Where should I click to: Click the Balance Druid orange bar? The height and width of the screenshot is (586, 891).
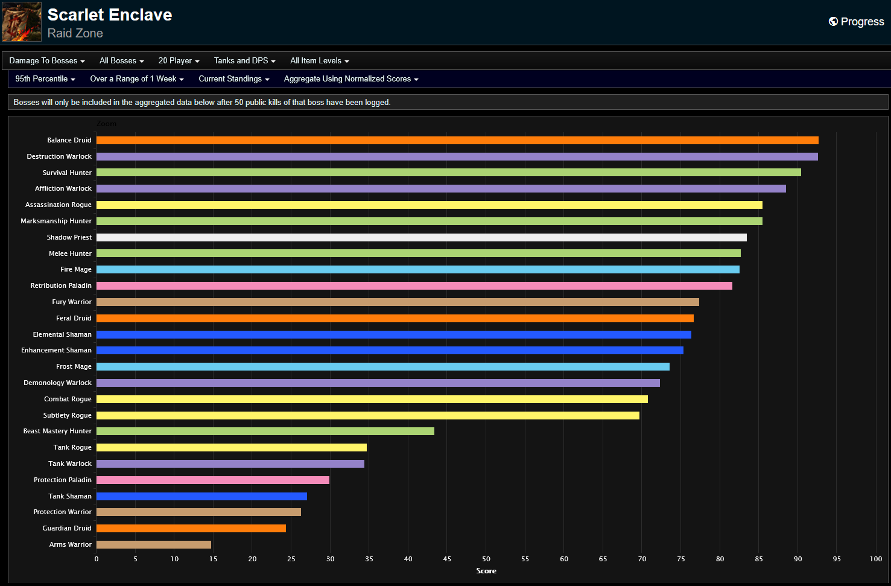point(457,140)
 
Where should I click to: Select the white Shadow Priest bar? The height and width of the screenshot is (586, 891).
point(421,237)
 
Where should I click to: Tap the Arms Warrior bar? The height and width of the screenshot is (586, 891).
point(154,544)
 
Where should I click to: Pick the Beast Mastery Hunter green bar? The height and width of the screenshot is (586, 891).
point(265,431)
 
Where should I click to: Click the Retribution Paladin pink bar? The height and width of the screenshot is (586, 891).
point(414,285)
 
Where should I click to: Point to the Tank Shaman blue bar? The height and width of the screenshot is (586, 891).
point(201,496)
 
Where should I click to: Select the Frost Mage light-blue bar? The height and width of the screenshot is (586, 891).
point(382,366)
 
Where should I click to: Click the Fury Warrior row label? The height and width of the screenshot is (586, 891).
point(72,302)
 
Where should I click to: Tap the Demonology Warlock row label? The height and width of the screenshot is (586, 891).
point(58,383)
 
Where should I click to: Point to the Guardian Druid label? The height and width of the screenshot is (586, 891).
point(67,528)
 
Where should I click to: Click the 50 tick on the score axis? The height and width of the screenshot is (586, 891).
point(486,559)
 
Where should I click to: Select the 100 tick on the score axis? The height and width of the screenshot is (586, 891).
point(875,559)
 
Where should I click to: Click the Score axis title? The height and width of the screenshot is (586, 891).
point(486,571)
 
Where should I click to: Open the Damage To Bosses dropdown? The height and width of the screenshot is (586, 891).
point(47,61)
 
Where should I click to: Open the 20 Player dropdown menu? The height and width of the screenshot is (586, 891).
point(179,61)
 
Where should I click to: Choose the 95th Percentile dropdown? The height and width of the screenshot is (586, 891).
point(45,79)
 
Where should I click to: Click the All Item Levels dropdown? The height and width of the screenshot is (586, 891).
point(319,61)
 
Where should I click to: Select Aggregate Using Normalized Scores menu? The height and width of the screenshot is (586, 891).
point(350,79)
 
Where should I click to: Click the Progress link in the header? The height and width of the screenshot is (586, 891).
point(857,22)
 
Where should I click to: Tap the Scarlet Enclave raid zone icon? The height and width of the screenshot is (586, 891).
point(22,22)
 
